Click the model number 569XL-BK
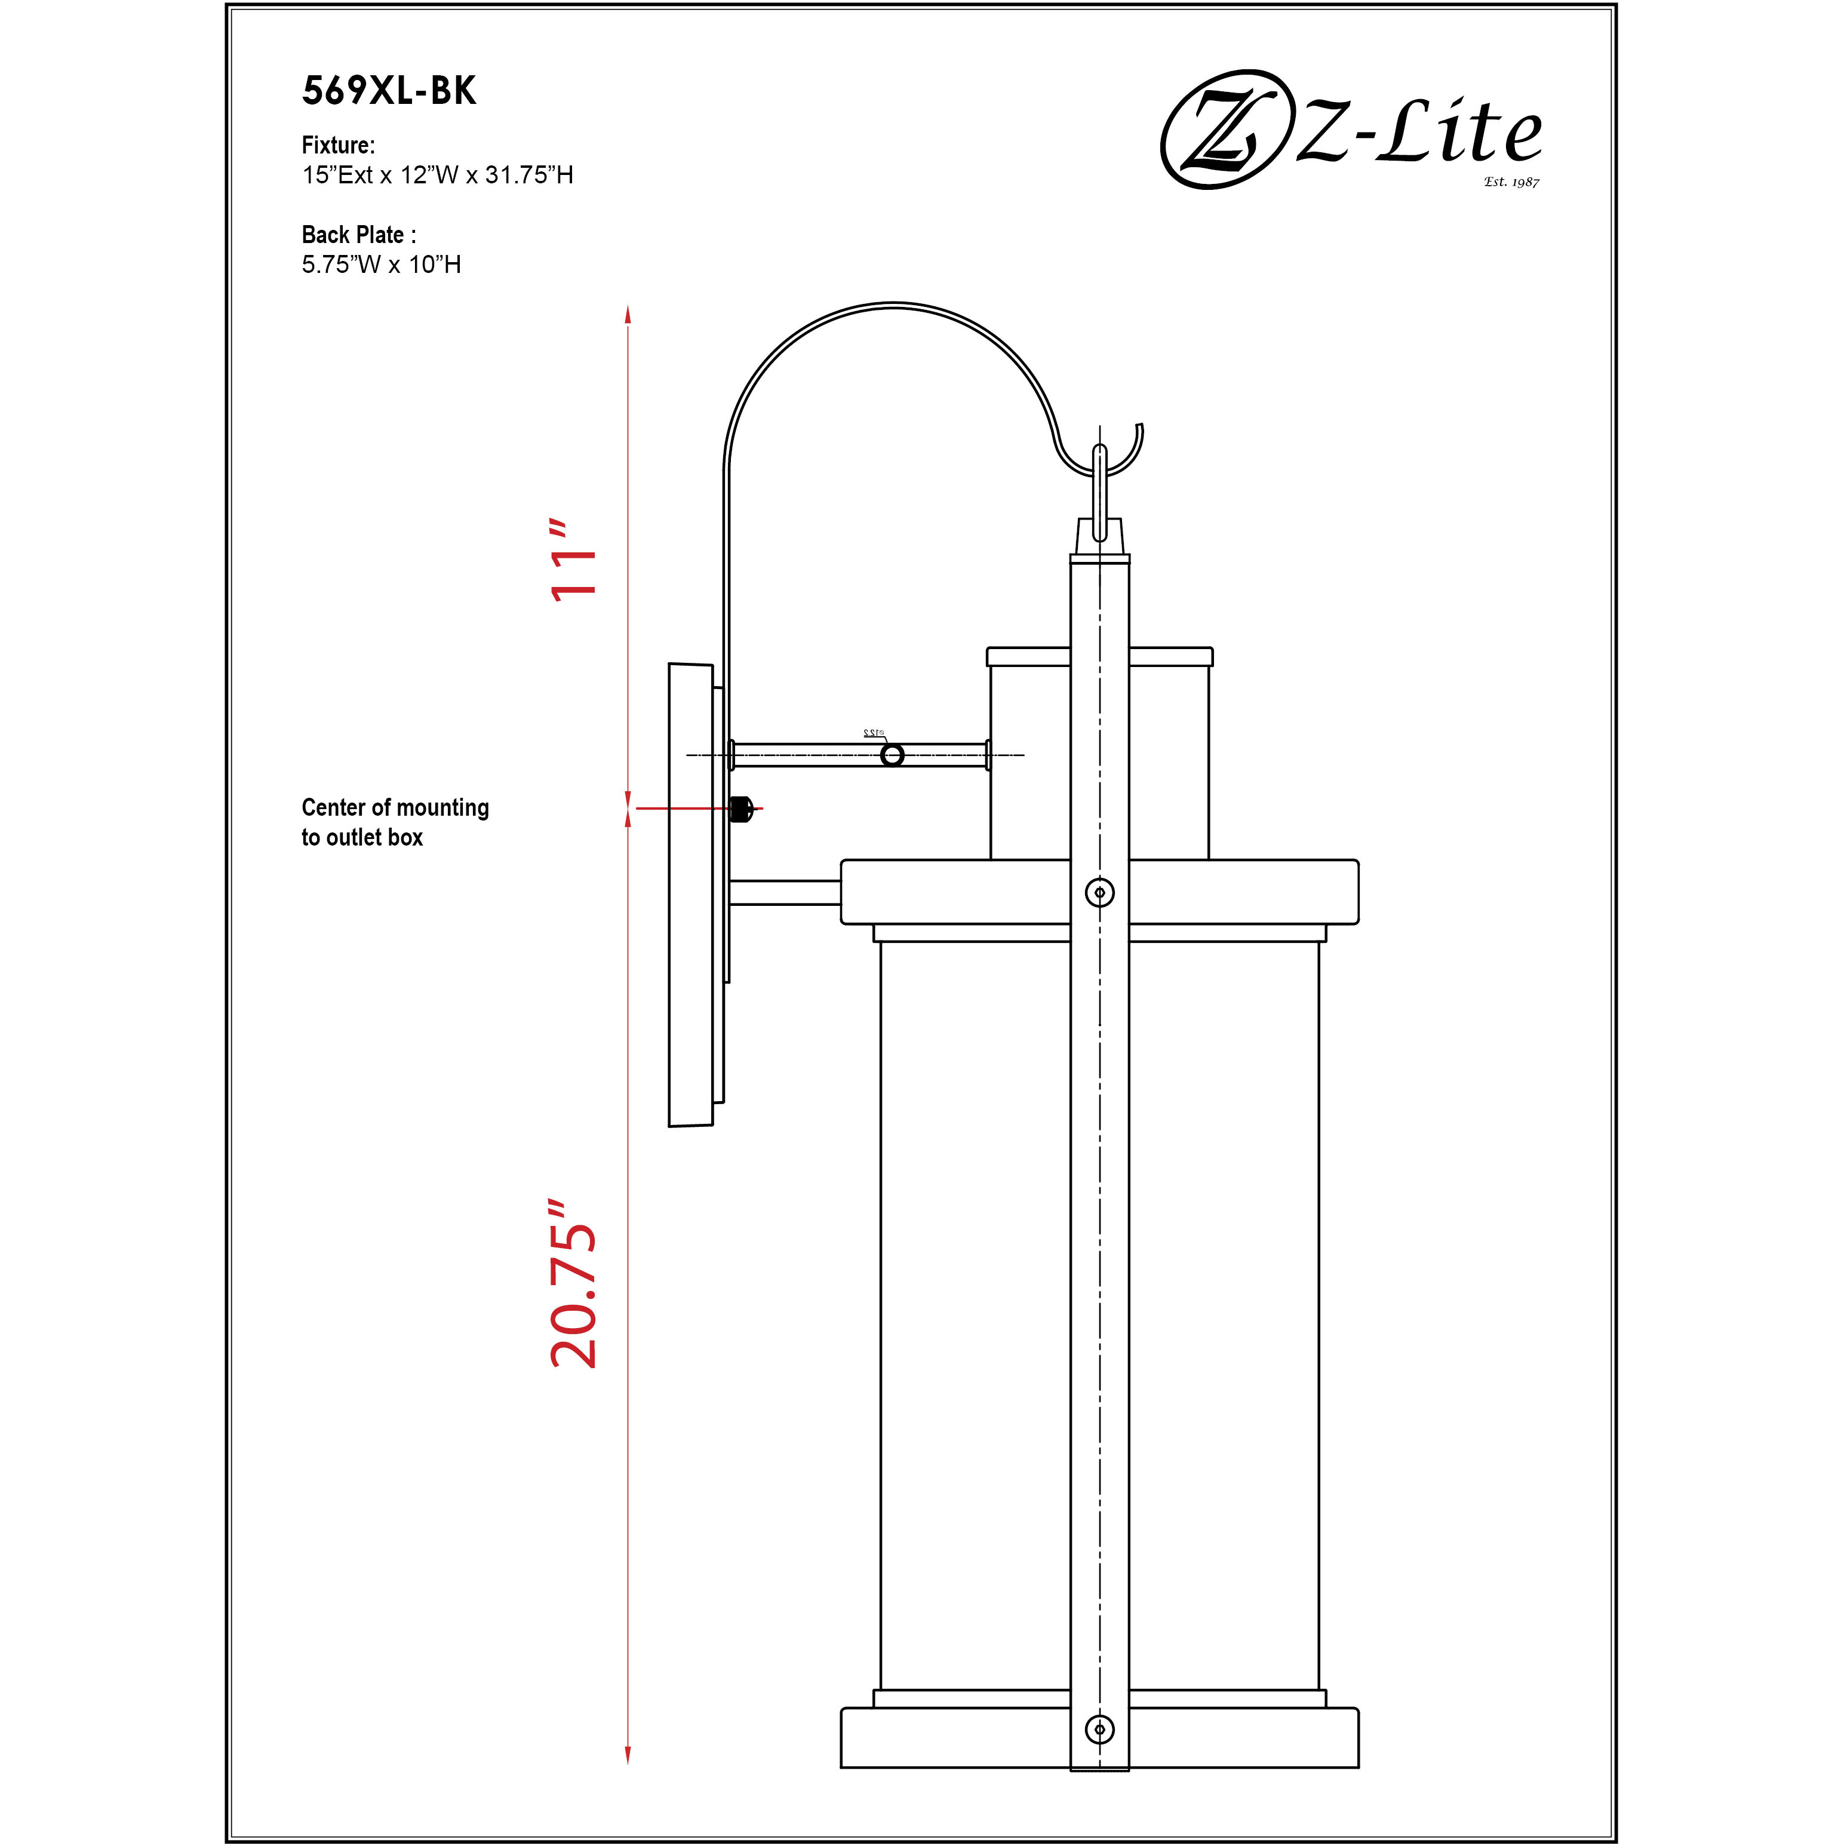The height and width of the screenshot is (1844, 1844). (x=389, y=91)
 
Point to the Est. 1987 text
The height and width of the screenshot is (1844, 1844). (x=1511, y=182)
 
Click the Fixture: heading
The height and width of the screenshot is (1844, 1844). (x=338, y=145)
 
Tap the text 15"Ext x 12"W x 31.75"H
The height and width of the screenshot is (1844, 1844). (x=437, y=176)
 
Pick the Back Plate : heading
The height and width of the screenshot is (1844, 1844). (x=358, y=235)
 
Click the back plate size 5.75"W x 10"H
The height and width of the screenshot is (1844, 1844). (x=381, y=265)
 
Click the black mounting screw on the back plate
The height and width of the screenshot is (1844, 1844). (x=740, y=809)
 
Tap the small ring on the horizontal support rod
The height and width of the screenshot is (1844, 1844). (x=892, y=755)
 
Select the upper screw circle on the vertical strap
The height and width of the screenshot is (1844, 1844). (x=1099, y=892)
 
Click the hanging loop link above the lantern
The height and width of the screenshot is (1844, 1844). (x=1099, y=491)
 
